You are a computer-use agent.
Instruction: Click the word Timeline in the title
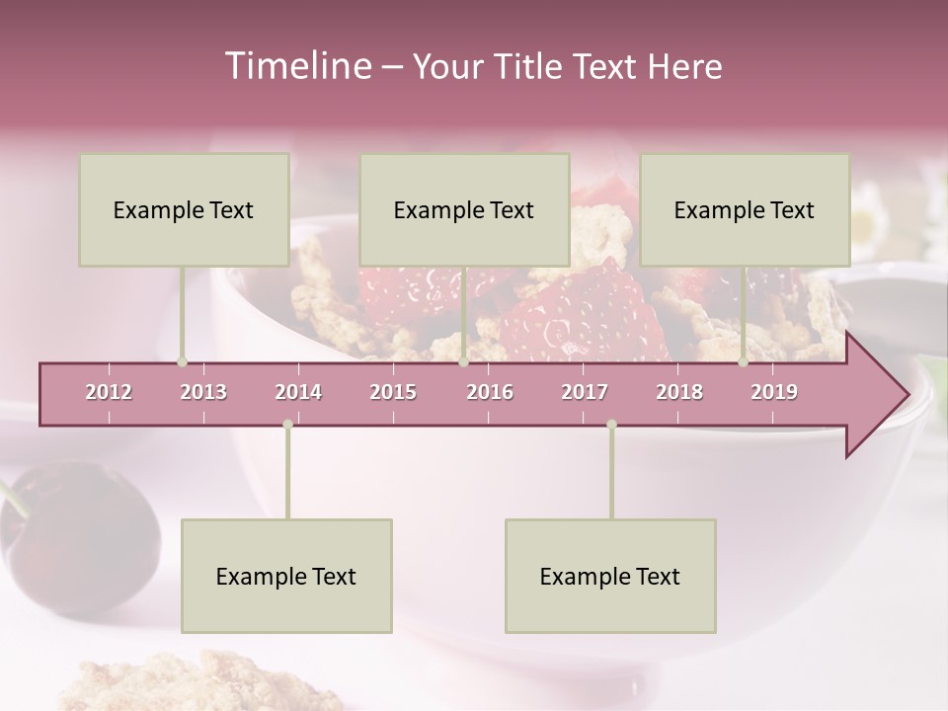tap(295, 66)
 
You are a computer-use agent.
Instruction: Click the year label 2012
tap(109, 392)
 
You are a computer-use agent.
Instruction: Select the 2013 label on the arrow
tap(203, 392)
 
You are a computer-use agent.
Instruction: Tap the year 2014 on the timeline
tap(298, 392)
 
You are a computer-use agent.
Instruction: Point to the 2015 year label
tap(393, 392)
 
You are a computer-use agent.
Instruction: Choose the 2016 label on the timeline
tap(490, 392)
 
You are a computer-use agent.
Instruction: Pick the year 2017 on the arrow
tap(585, 392)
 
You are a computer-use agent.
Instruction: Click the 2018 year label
tap(679, 392)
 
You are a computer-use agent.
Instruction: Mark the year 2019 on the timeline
tap(774, 392)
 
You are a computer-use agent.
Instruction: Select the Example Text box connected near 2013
tap(184, 209)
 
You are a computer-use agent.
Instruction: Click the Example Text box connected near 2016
tap(464, 209)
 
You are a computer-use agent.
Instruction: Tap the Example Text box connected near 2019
tap(745, 209)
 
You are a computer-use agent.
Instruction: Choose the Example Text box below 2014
tap(286, 576)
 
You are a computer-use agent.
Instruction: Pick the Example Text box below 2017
tap(610, 576)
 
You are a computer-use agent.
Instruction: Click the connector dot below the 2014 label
tap(287, 425)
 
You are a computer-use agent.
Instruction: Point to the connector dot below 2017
tap(611, 425)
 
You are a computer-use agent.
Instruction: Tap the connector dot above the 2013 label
tap(182, 362)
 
